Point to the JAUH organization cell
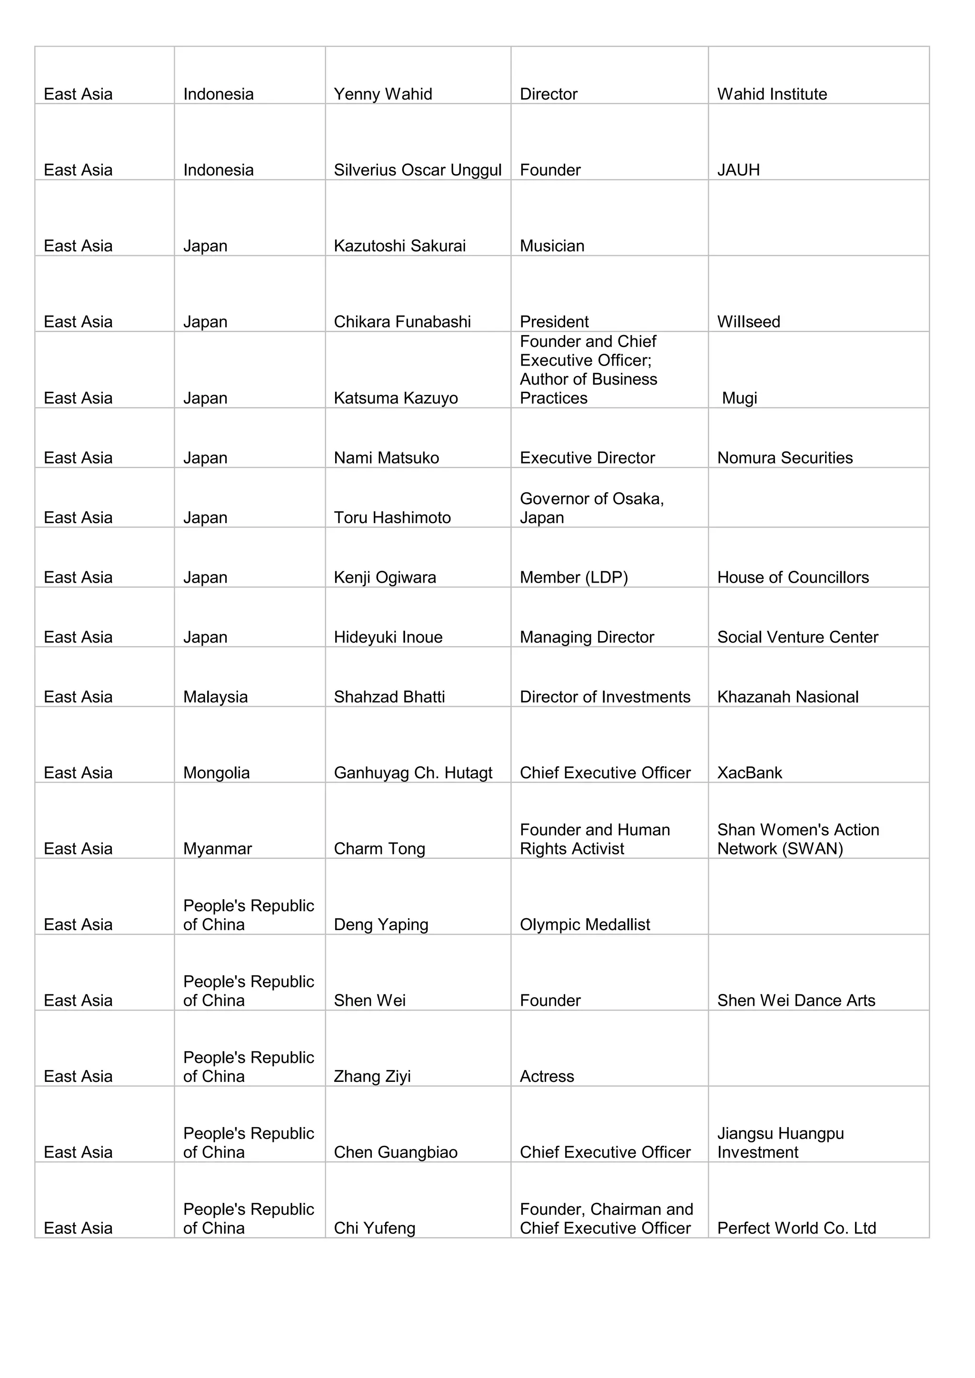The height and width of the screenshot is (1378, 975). click(738, 170)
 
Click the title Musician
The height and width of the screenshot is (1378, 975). click(552, 246)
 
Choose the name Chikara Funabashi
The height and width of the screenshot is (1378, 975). click(402, 322)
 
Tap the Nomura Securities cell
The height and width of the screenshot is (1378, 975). click(785, 458)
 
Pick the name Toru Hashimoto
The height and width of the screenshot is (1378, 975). click(392, 518)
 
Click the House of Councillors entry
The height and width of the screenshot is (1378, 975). click(793, 577)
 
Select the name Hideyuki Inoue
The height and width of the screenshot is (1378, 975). click(388, 637)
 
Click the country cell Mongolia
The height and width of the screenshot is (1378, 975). click(216, 773)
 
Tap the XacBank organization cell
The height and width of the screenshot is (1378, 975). click(749, 773)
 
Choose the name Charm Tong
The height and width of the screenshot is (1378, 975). click(379, 849)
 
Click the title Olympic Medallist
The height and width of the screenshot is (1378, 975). click(585, 925)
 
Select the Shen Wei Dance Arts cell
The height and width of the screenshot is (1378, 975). click(796, 1001)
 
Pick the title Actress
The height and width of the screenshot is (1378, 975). click(547, 1077)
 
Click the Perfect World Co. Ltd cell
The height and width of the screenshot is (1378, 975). click(796, 1229)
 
